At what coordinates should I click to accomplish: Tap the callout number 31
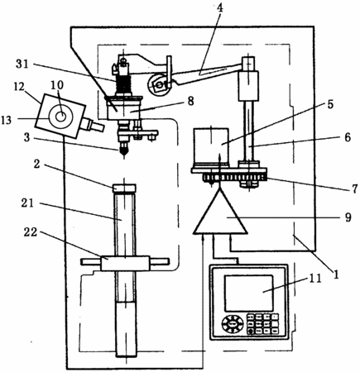coord(22,64)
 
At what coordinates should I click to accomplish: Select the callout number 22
coord(30,232)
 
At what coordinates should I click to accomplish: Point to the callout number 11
coord(315,279)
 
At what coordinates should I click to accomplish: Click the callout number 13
coord(7,120)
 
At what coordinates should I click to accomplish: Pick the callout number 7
coord(354,188)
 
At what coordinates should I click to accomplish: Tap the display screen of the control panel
coord(248,293)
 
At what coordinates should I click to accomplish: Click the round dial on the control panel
coord(233,324)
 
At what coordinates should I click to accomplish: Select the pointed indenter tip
coord(123,151)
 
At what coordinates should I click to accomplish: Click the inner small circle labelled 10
coord(60,117)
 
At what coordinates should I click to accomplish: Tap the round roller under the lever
coord(158,85)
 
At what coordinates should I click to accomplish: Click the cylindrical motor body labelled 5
coord(211,145)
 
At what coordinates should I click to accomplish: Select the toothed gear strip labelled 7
coord(235,178)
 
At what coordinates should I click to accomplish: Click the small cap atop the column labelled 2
coord(124,188)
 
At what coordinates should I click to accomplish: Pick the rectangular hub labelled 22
coord(125,264)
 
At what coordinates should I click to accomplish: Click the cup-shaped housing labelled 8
coord(124,108)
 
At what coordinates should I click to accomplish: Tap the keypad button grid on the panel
coord(262,323)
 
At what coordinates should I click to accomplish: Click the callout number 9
coord(348,217)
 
